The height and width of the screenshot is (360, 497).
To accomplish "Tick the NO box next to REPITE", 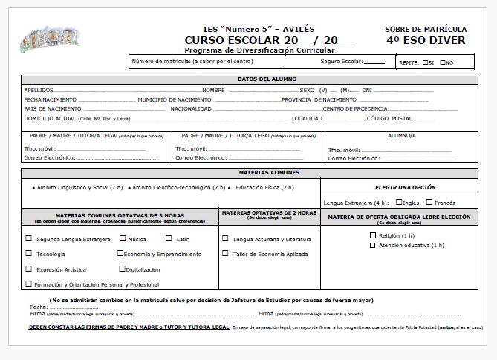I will pos(443,62).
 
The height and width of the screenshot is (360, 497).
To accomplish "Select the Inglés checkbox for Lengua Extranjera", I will pos(399,202).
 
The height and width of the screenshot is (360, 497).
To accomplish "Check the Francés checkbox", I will pos(430,202).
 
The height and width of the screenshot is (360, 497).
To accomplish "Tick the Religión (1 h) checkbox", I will pos(373,235).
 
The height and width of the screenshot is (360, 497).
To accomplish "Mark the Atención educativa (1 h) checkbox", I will pos(373,245).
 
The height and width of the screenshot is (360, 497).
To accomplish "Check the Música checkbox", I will pos(123,239).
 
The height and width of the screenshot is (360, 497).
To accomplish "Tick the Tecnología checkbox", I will pos(29,254).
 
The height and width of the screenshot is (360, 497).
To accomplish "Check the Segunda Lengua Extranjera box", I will pos(29,239).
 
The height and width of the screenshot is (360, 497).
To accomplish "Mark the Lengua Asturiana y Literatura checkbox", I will pos(225,239).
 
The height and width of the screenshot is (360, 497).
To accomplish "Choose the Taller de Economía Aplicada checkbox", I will pos(225,254).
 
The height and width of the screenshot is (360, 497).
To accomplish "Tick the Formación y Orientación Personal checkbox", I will pos(29,284).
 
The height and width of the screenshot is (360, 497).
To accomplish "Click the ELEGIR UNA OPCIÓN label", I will pos(406,187).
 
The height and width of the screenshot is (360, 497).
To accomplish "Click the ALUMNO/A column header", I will pos(402,136).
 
